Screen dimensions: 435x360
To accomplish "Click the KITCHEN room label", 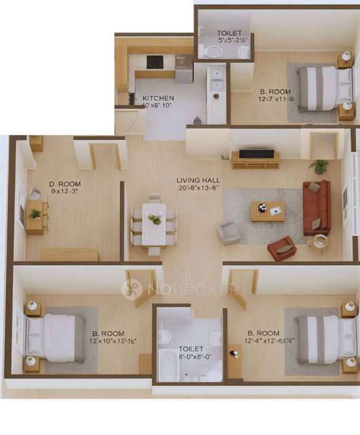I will pos(158,98).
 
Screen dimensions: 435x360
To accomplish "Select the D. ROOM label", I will pos(65,184).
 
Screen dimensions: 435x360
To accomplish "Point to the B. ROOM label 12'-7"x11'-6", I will pos(275,91).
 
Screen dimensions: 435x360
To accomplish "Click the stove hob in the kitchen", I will pos(155,61).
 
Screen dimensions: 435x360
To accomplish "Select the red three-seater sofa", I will pos(317,207).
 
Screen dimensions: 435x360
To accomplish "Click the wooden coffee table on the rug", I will pos(268,211).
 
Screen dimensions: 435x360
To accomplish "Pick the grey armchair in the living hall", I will pos(228,232).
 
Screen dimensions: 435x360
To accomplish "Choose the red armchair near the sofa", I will pos(281,249).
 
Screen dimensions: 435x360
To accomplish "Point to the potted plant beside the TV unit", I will pos(319,165).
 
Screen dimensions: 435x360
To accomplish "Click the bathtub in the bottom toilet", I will pos(167,363).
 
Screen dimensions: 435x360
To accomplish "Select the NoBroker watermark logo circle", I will pos(132,290).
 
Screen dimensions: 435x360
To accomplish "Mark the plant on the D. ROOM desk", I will pos(35,214).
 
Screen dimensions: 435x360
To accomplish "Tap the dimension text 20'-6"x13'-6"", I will pos(197,188).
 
